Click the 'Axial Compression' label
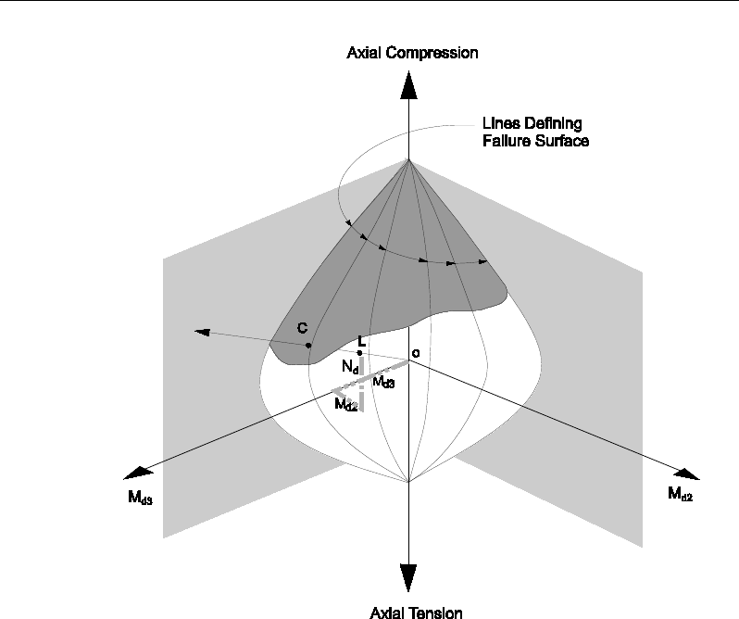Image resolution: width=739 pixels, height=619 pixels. [412, 53]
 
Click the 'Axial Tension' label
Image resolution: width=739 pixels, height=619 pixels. [416, 612]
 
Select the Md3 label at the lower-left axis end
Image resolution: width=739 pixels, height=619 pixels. [142, 497]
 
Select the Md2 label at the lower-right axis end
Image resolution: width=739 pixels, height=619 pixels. [680, 495]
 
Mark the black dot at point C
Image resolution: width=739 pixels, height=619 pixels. [308, 346]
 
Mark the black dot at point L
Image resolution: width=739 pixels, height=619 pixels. [359, 353]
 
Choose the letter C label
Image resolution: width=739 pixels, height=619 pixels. [301, 328]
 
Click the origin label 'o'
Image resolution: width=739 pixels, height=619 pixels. [416, 353]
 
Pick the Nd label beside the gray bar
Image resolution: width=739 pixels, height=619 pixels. [350, 368]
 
